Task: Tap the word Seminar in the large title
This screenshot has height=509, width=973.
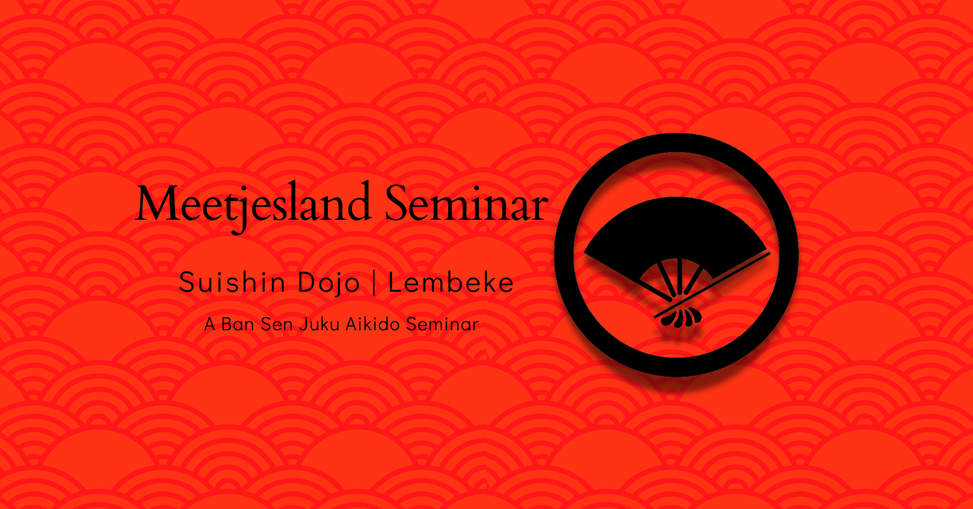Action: [466, 203]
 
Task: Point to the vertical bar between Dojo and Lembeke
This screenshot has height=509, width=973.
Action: [374, 283]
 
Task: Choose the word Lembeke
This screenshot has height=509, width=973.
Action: [451, 282]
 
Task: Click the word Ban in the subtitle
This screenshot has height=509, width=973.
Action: [238, 324]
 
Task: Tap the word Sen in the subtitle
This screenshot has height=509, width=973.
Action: [276, 324]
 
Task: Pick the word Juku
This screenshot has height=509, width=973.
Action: [319, 324]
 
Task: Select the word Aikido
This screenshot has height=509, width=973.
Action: [373, 324]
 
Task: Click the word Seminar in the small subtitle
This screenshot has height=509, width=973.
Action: [442, 324]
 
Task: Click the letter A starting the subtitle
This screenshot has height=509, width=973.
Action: [209, 324]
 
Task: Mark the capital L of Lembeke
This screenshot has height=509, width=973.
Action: [395, 282]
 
